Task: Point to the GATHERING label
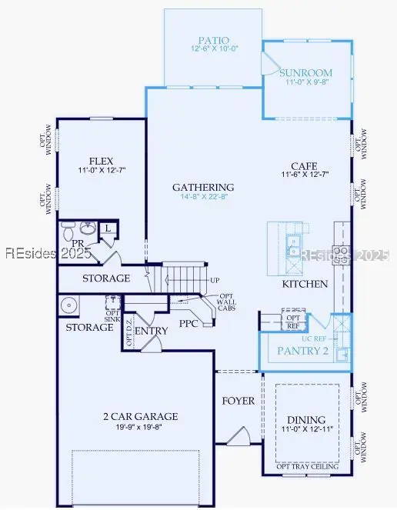pyautogui.click(x=203, y=187)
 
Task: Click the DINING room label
pyautogui.click(x=306, y=420)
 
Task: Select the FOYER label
pyautogui.click(x=239, y=401)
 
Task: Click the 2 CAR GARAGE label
pyautogui.click(x=141, y=416)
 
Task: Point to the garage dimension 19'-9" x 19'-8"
pyautogui.click(x=141, y=428)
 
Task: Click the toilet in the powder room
pyautogui.click(x=68, y=230)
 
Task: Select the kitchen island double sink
pyautogui.click(x=292, y=245)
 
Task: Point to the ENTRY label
pyautogui.click(x=151, y=331)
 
